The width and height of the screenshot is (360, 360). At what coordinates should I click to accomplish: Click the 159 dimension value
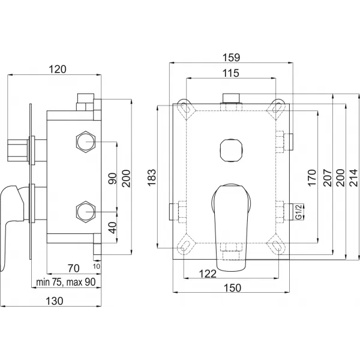point(232,57)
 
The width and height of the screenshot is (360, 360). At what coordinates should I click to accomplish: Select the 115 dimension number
point(231,73)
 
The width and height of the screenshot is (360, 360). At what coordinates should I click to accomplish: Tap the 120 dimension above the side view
point(58,70)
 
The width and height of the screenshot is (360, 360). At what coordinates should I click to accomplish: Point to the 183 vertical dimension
point(151,178)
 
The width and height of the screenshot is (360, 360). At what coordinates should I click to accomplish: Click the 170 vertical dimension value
point(312,178)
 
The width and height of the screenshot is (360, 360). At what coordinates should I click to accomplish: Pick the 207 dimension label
point(328,178)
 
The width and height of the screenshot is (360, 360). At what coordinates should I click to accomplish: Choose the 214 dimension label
point(353,178)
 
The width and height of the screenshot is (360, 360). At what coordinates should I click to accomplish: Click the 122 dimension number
point(208,274)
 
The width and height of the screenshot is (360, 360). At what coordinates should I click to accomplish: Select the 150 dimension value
point(233,288)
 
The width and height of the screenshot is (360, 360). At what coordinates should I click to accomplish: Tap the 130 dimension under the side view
point(55,301)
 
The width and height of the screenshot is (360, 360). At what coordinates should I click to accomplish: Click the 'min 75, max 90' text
point(66,282)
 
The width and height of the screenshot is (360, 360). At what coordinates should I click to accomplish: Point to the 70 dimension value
point(74,268)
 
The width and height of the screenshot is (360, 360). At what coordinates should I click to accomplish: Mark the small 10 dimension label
point(97,266)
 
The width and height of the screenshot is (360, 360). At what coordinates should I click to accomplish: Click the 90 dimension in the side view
point(113,178)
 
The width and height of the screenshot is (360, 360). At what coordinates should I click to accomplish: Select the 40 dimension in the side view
point(113,228)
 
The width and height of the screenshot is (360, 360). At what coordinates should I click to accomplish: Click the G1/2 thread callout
point(299,212)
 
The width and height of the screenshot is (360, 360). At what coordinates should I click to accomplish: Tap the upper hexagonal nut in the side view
point(86,142)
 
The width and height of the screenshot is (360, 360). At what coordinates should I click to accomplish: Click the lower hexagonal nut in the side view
point(86,212)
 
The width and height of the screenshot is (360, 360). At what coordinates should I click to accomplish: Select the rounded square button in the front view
point(231,150)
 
